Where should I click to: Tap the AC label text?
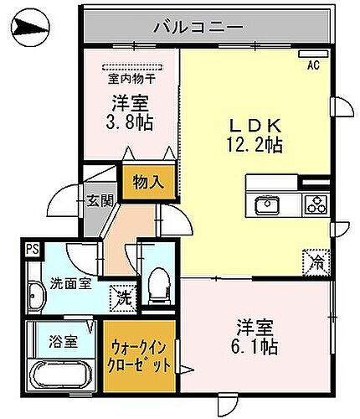coord(314,65)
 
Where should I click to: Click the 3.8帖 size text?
coord(132,123)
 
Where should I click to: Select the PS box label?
coord(32,248)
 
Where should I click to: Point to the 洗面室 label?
coord(48,282)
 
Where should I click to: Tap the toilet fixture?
coord(155,286)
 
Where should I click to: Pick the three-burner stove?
coord(316,204)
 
